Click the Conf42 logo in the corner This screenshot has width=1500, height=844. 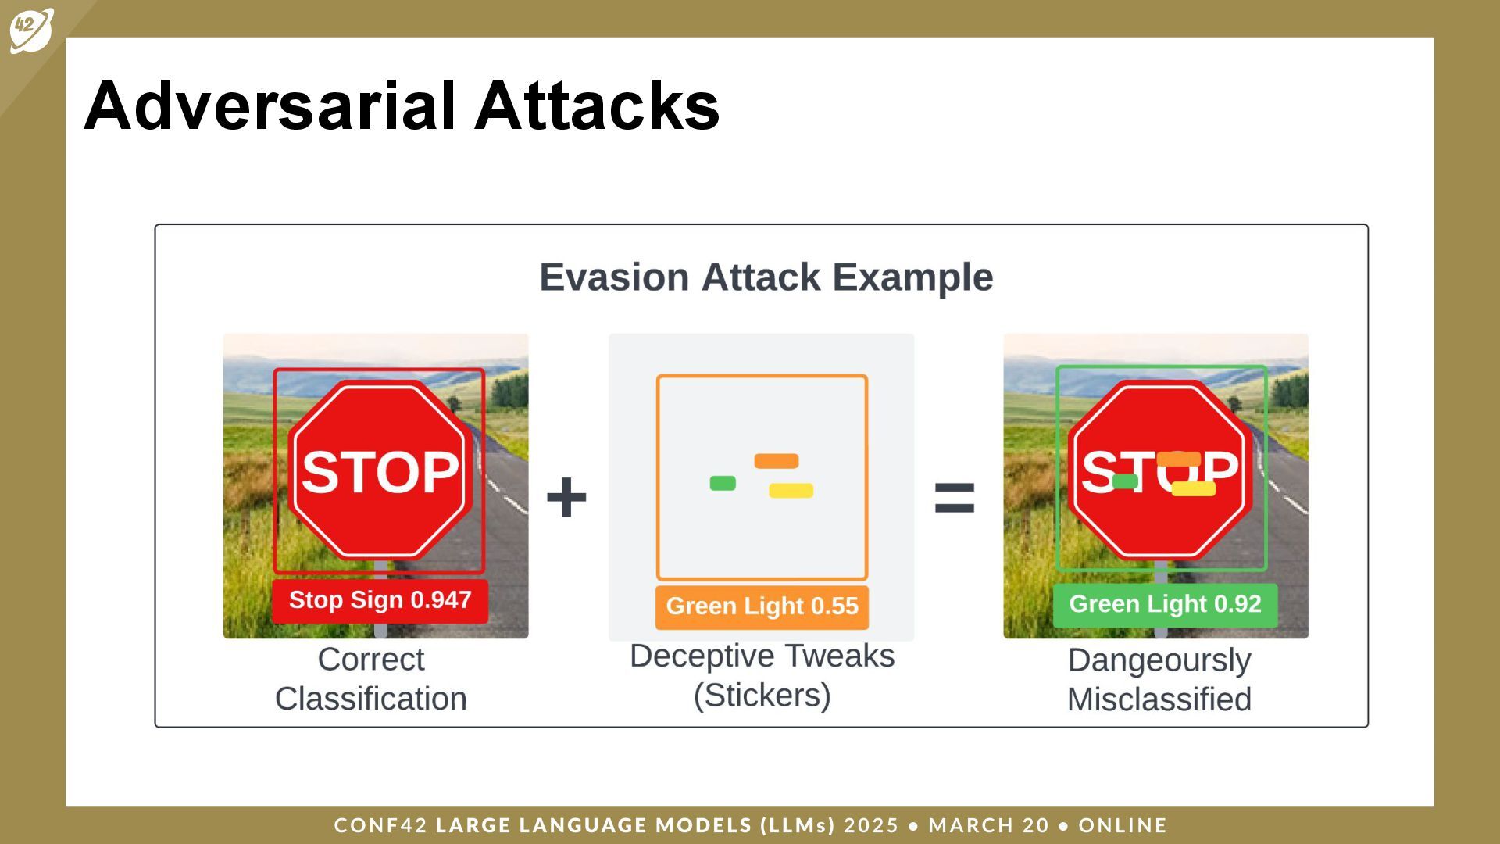[x=31, y=30]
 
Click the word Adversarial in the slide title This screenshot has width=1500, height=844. [x=270, y=105]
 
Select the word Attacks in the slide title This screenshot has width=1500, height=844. [x=597, y=105]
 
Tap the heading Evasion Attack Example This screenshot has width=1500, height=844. [x=766, y=277]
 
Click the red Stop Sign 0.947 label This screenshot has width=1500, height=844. [x=380, y=600]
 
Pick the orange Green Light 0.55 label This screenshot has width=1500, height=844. [x=762, y=606]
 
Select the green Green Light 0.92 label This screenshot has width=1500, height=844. [x=1165, y=604]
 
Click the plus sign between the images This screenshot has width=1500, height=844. [x=566, y=497]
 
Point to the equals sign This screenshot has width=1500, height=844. [x=955, y=497]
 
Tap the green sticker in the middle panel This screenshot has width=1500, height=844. [x=723, y=483]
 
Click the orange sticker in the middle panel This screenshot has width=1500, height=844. [x=777, y=461]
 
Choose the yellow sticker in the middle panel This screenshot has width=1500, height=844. [x=791, y=491]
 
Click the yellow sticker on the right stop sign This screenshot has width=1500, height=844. [x=1194, y=488]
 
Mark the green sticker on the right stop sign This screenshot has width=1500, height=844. [x=1125, y=481]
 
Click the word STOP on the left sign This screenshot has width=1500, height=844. [x=380, y=472]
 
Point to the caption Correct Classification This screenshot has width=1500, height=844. [x=371, y=679]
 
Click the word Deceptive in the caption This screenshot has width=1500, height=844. [x=702, y=656]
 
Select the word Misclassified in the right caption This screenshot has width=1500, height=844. [x=1159, y=699]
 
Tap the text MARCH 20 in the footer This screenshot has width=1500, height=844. [x=989, y=825]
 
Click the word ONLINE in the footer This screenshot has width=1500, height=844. [x=1123, y=825]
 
